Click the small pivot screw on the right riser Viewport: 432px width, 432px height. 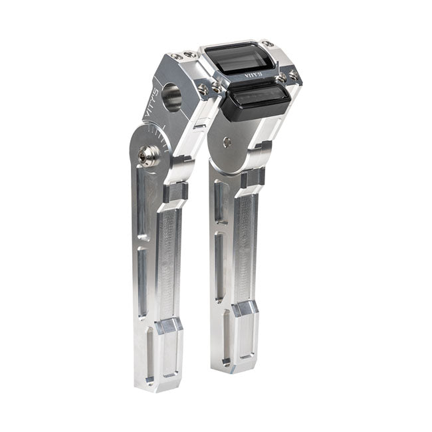tap(228, 141)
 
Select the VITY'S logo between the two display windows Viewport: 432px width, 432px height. tap(252, 76)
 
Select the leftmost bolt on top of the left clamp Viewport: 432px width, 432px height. tap(174, 56)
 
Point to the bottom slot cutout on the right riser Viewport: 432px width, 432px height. tap(223, 335)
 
